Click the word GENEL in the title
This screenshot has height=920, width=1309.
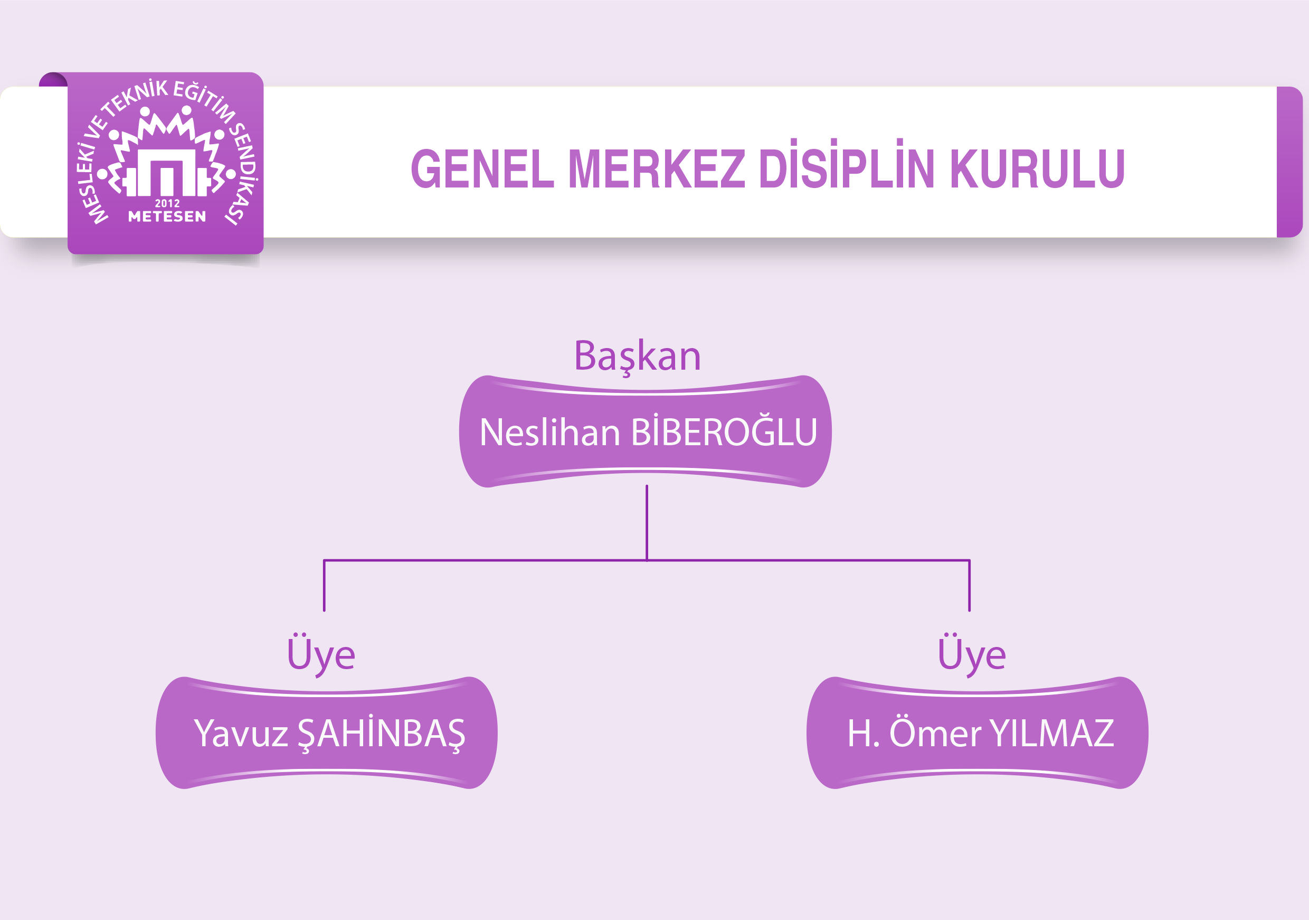click(482, 168)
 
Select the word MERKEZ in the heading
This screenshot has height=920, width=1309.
click(657, 168)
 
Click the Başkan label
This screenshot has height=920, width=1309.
click(638, 357)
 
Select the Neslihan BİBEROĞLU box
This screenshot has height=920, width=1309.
click(646, 431)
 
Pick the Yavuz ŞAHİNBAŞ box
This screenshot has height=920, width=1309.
click(327, 733)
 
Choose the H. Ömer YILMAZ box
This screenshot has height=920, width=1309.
click(977, 733)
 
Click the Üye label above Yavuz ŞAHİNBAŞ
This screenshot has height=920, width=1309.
click(321, 655)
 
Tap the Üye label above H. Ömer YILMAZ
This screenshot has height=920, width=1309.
click(972, 655)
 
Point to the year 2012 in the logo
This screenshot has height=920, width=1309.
click(167, 203)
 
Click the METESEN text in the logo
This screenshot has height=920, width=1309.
click(167, 216)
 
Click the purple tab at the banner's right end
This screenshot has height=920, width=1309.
click(1289, 162)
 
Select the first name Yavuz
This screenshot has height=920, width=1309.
click(241, 733)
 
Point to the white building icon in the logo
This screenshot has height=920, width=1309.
click(166, 172)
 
